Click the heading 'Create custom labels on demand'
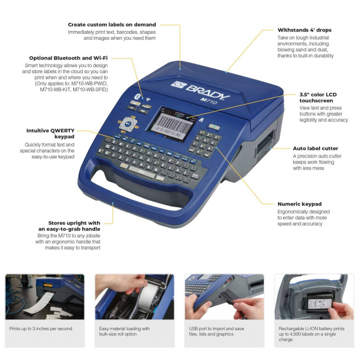pos(112,25)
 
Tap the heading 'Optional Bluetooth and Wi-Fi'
pos(68,58)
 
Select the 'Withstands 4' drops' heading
pos(304,30)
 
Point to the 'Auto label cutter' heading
pos(315,148)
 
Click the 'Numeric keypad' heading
pos(299,204)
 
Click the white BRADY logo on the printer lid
pos(200,90)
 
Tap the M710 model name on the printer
pos(209,100)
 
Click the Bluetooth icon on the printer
pos(137,97)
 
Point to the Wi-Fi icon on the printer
pos(148,100)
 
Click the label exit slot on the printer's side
pos(266,142)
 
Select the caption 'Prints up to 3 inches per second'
pos(40,328)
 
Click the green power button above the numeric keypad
pos(214,127)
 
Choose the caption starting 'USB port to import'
pos(217,331)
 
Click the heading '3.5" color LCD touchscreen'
pos(318,97)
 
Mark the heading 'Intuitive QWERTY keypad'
pos(51,134)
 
